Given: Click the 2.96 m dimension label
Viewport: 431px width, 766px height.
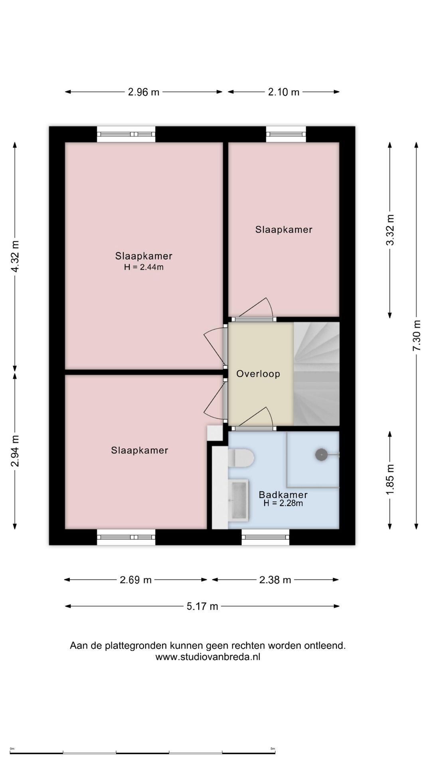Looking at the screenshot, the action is pos(144,92).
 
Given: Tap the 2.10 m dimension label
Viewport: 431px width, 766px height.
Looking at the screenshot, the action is pos(284,92).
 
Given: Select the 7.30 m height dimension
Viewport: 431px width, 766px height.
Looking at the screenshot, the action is pos(416,336).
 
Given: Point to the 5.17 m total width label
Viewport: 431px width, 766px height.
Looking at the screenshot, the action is pos(202,606).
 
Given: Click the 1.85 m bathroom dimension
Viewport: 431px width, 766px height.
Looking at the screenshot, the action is pos(390,480).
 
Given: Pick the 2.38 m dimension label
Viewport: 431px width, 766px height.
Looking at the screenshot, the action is pos(275,580).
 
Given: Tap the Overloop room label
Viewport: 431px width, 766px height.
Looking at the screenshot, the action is pos(258,374).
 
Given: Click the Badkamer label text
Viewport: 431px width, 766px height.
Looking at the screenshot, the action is pos(283,495).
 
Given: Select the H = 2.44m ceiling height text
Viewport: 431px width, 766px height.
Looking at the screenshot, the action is pos(144,267).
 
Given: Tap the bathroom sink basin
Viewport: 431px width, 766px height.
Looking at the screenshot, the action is pos(238,500).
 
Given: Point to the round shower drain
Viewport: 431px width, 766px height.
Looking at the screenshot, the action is pos(321,454).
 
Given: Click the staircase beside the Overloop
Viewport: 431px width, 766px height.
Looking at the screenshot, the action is pos(316,374).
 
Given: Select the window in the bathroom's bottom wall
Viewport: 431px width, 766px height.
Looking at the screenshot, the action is pos(265,537).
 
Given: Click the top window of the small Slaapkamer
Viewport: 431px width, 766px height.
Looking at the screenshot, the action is pos(286,134).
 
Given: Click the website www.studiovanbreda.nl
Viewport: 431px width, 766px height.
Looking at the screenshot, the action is pos(208,657).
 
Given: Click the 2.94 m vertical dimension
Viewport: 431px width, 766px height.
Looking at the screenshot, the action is pos(15,451).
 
